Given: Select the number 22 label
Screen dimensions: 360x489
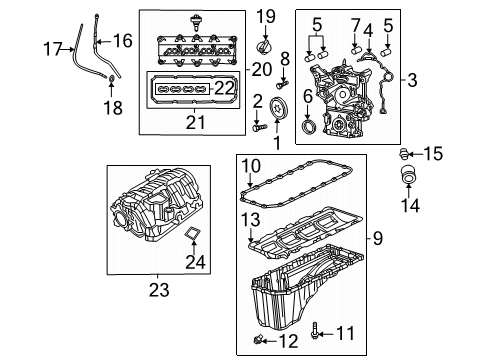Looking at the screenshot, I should [226, 89].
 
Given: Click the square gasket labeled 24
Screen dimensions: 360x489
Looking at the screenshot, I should [189, 237].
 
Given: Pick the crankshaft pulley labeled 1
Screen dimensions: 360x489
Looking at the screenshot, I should [278, 112].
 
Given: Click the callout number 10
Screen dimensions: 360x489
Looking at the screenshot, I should [250, 165].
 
